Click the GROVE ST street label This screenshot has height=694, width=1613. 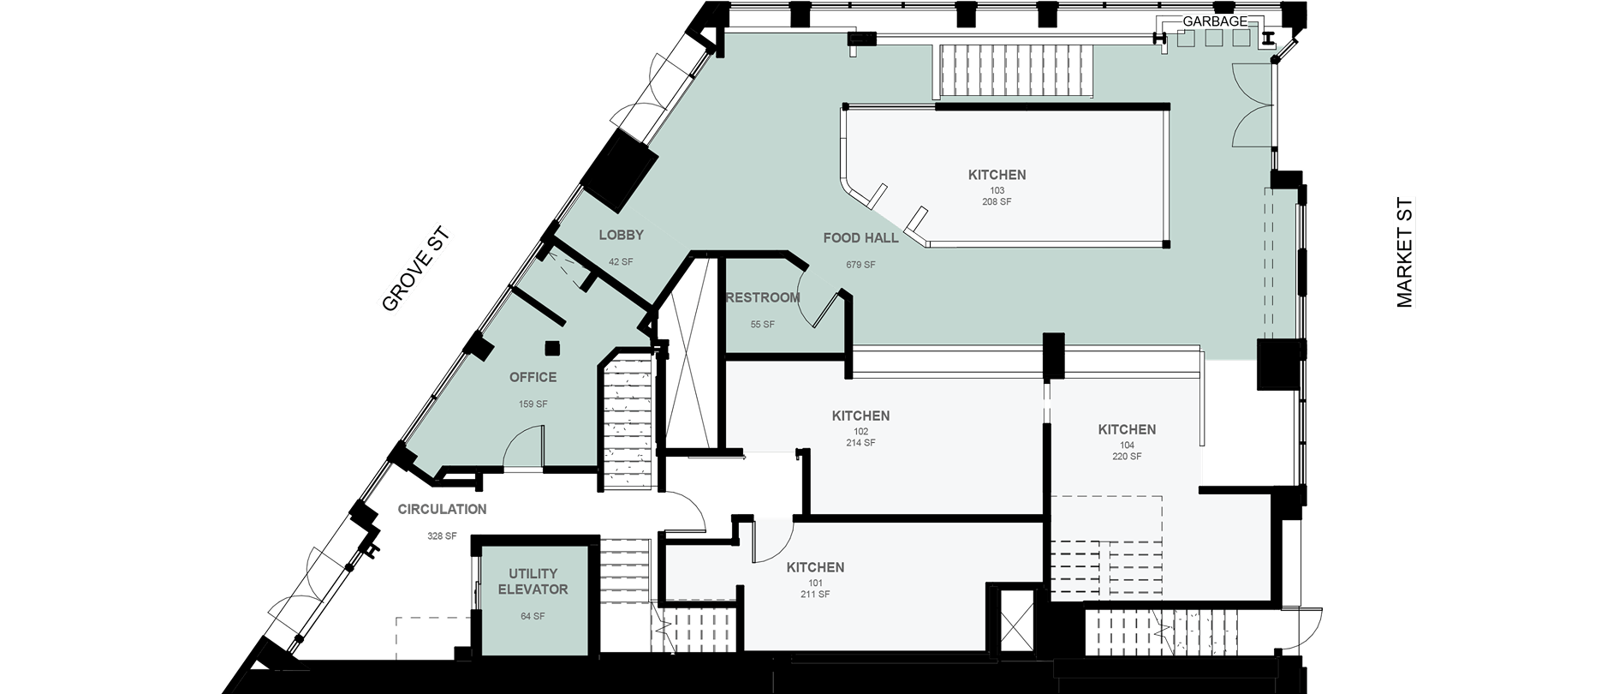point(416,269)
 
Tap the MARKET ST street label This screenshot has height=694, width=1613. point(1405,253)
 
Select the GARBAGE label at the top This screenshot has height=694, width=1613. point(1215,21)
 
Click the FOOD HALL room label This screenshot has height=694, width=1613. point(860,238)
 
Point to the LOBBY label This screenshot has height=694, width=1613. point(621,235)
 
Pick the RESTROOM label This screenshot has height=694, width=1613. point(763,298)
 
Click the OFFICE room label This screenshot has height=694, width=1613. point(533,377)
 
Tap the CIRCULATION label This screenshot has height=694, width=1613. point(442,509)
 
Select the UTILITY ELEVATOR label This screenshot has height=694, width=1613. point(533,582)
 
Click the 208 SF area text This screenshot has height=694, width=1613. point(997,202)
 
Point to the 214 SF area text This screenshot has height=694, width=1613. point(860,443)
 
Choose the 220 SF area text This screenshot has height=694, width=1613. point(1127,457)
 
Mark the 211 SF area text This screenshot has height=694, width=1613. point(815,595)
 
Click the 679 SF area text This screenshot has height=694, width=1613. point(860,265)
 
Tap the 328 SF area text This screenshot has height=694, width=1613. point(442,536)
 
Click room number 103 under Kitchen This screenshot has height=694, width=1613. point(997,190)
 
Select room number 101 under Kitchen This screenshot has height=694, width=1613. point(815,583)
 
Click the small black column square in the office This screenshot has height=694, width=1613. point(552,347)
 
